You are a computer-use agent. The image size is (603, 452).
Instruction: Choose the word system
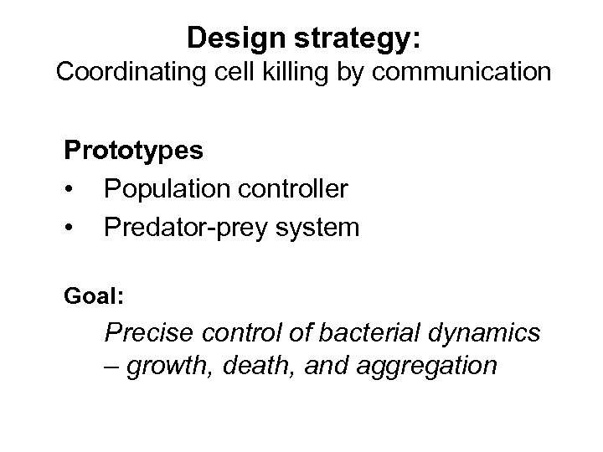322,228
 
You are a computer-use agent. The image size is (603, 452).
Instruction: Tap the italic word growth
172,367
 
